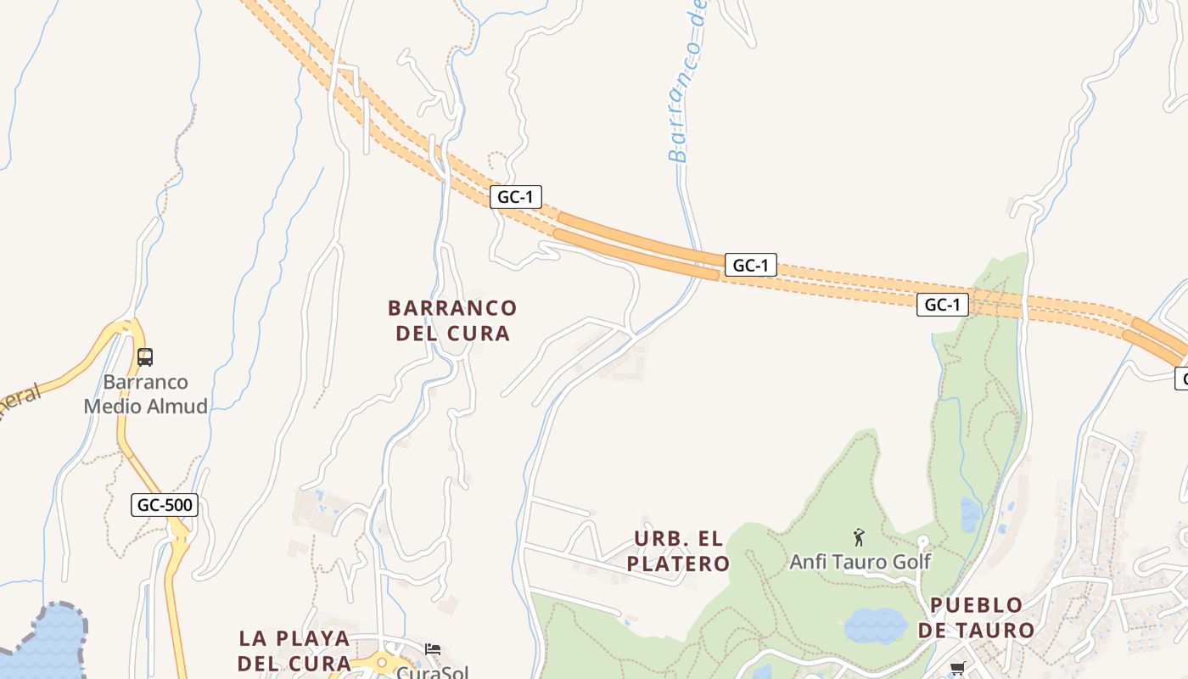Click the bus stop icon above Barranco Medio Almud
point(145,356)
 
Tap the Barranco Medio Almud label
point(146,394)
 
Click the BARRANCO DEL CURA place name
point(452,320)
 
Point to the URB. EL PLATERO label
point(679,551)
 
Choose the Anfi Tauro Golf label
point(860,561)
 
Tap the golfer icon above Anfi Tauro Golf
point(859,537)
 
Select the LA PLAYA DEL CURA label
point(294,650)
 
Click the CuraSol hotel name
point(433,672)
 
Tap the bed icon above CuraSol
point(433,649)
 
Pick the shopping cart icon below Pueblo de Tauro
point(958,669)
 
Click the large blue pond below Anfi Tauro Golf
point(875,626)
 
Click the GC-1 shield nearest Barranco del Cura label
point(515,197)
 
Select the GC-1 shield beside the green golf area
point(942,305)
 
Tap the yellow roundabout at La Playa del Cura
point(382,661)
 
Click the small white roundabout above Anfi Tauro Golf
point(923,541)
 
